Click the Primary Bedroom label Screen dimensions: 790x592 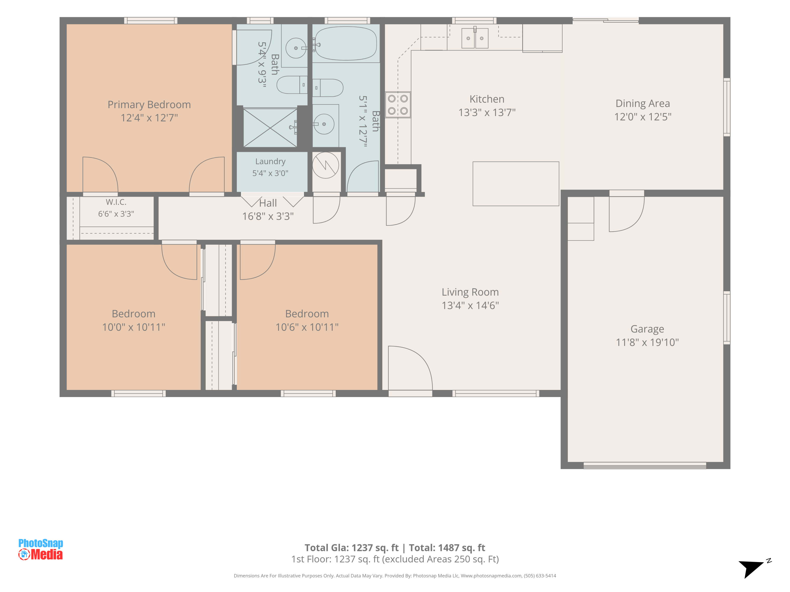149,104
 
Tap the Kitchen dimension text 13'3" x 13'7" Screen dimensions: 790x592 487,112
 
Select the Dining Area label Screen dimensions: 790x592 643,103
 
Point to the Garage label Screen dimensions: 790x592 647,329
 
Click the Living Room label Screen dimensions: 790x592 470,292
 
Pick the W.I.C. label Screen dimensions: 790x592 116,202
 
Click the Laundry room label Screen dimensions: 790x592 270,162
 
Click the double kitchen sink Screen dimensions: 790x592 475,38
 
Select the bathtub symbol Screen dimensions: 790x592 346,43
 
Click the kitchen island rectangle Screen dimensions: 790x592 516,184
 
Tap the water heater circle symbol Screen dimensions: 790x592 325,165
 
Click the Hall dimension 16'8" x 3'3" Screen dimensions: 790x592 268,216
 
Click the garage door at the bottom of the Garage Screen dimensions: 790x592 645,465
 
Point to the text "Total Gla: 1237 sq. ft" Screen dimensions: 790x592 352,548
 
